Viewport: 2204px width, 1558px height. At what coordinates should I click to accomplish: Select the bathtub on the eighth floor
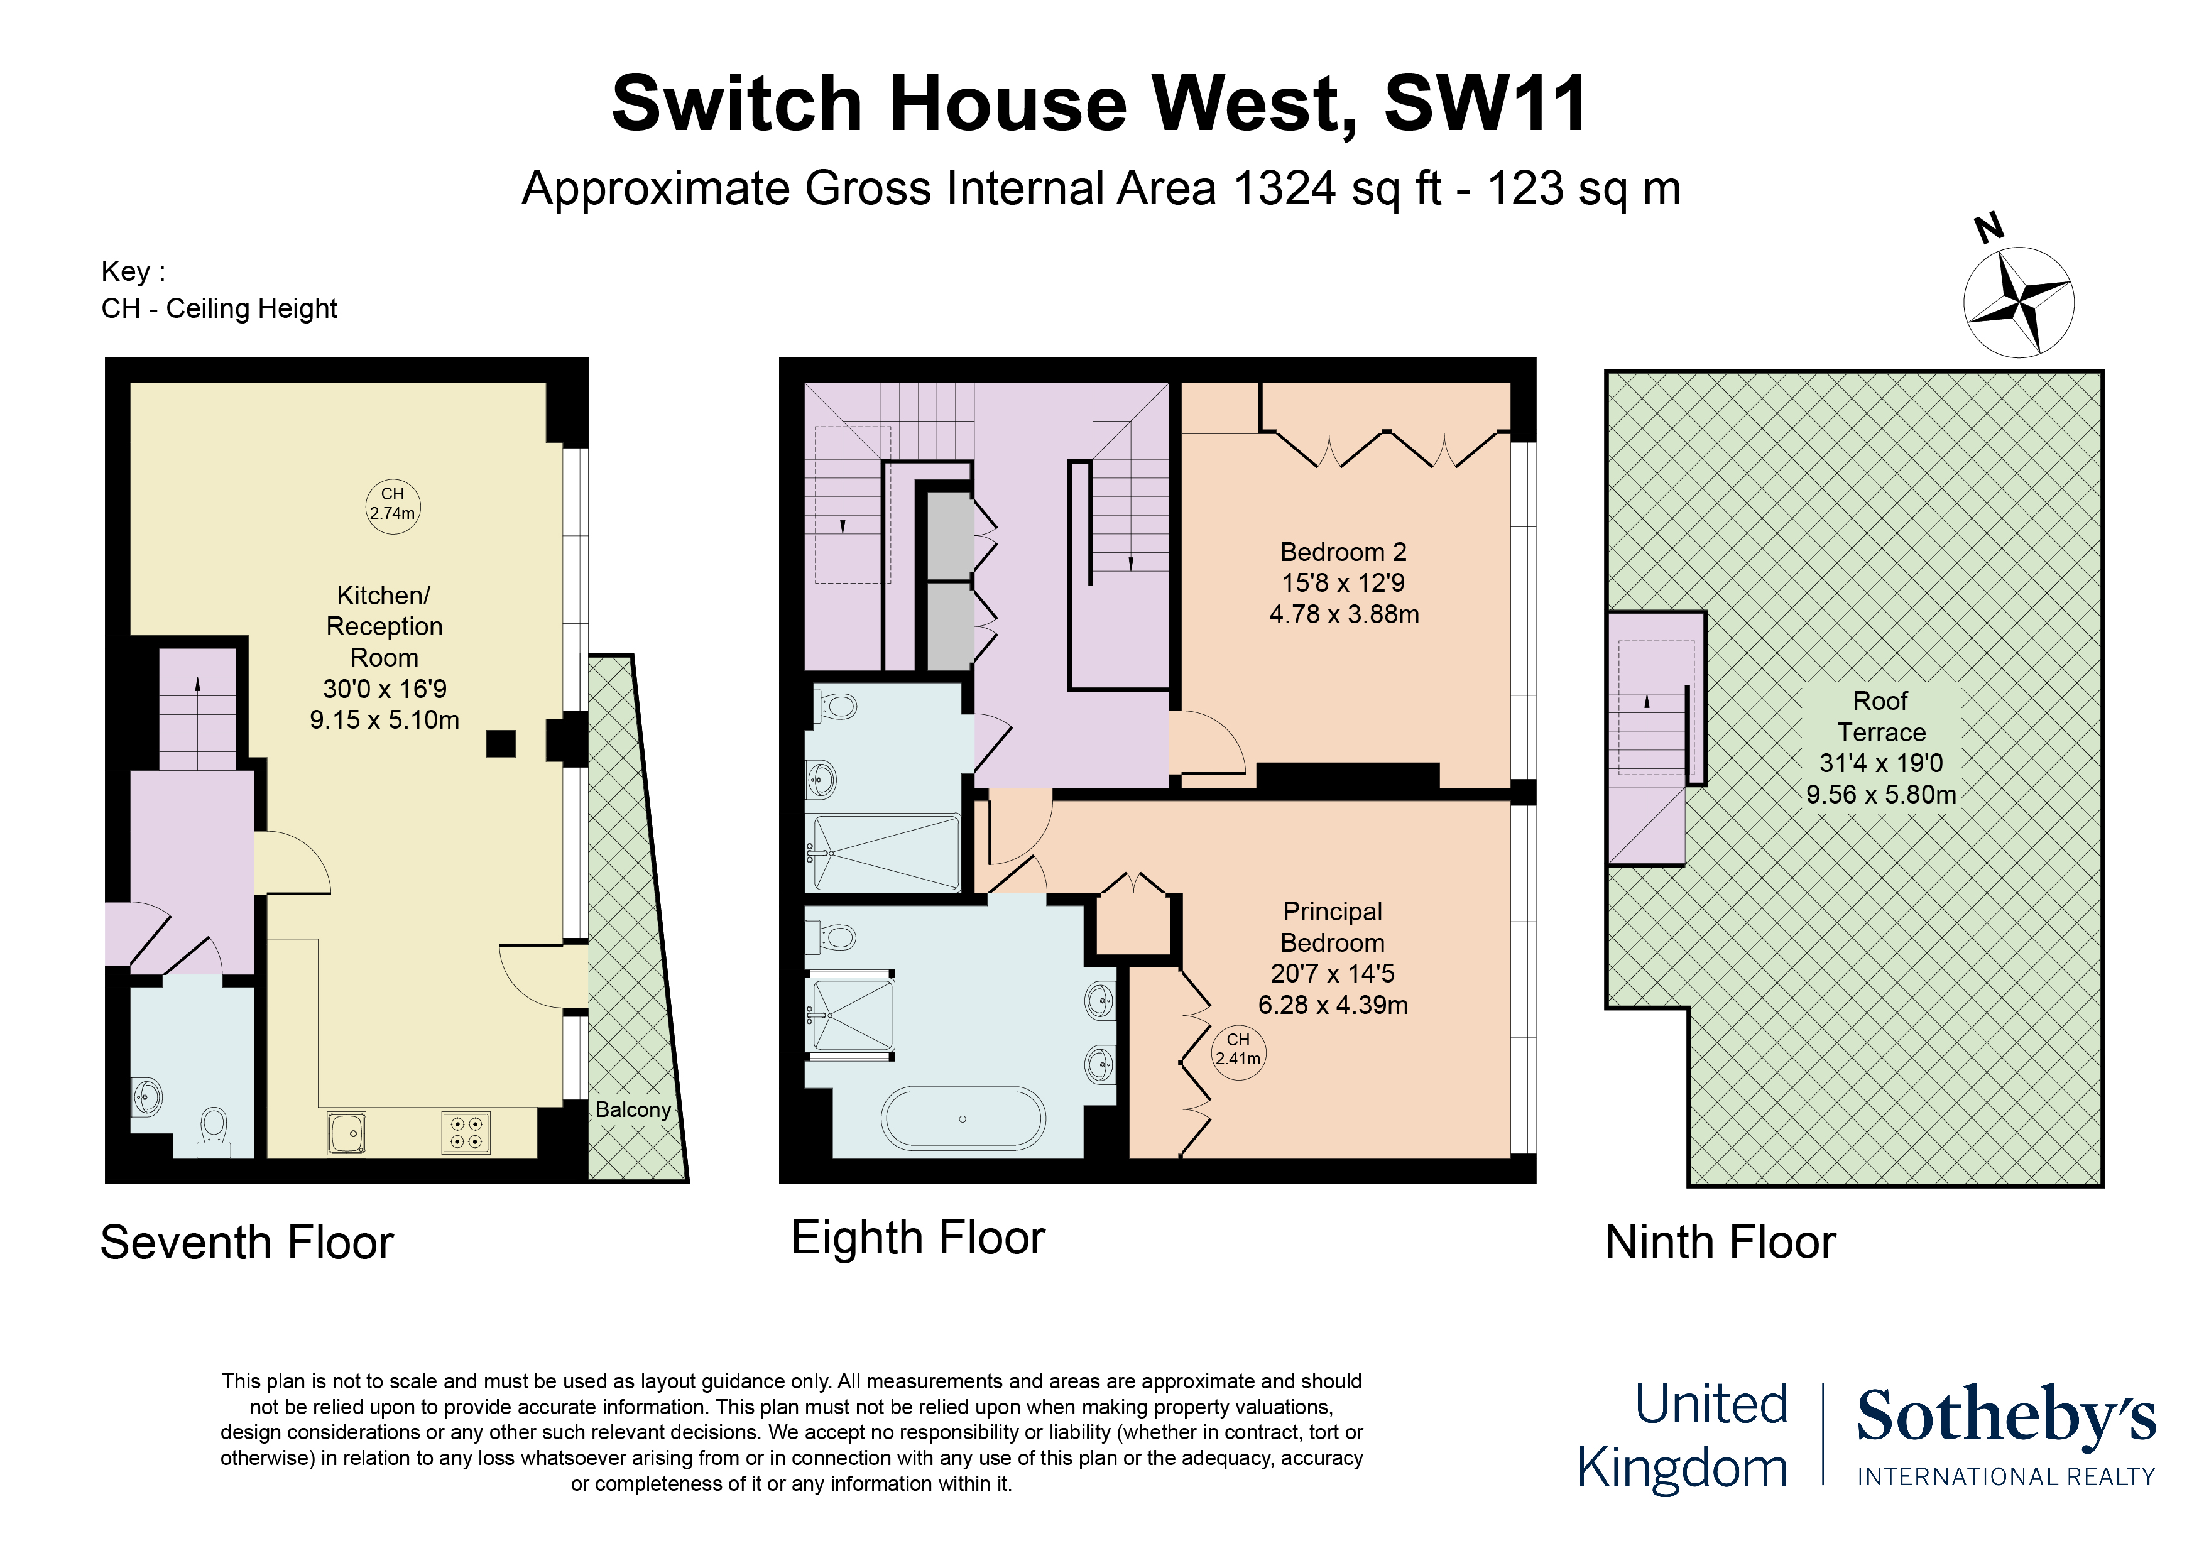[x=963, y=1118]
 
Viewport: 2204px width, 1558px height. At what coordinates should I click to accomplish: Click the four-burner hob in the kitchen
[x=467, y=1132]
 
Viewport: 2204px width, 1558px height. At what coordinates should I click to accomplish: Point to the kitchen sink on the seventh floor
[x=347, y=1132]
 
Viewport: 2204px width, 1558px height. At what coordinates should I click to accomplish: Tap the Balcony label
[x=633, y=1109]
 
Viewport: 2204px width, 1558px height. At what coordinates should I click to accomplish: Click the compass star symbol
[x=2019, y=302]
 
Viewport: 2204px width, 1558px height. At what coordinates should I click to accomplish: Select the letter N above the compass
[x=1989, y=229]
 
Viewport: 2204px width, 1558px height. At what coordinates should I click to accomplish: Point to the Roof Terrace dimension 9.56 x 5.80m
[x=1880, y=795]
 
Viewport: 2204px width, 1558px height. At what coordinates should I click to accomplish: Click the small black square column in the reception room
[x=500, y=743]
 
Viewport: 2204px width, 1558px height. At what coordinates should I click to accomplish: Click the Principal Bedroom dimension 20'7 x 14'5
[x=1333, y=973]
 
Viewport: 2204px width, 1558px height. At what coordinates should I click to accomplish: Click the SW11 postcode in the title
[x=1485, y=104]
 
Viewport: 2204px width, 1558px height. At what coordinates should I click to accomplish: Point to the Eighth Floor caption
[x=918, y=1238]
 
